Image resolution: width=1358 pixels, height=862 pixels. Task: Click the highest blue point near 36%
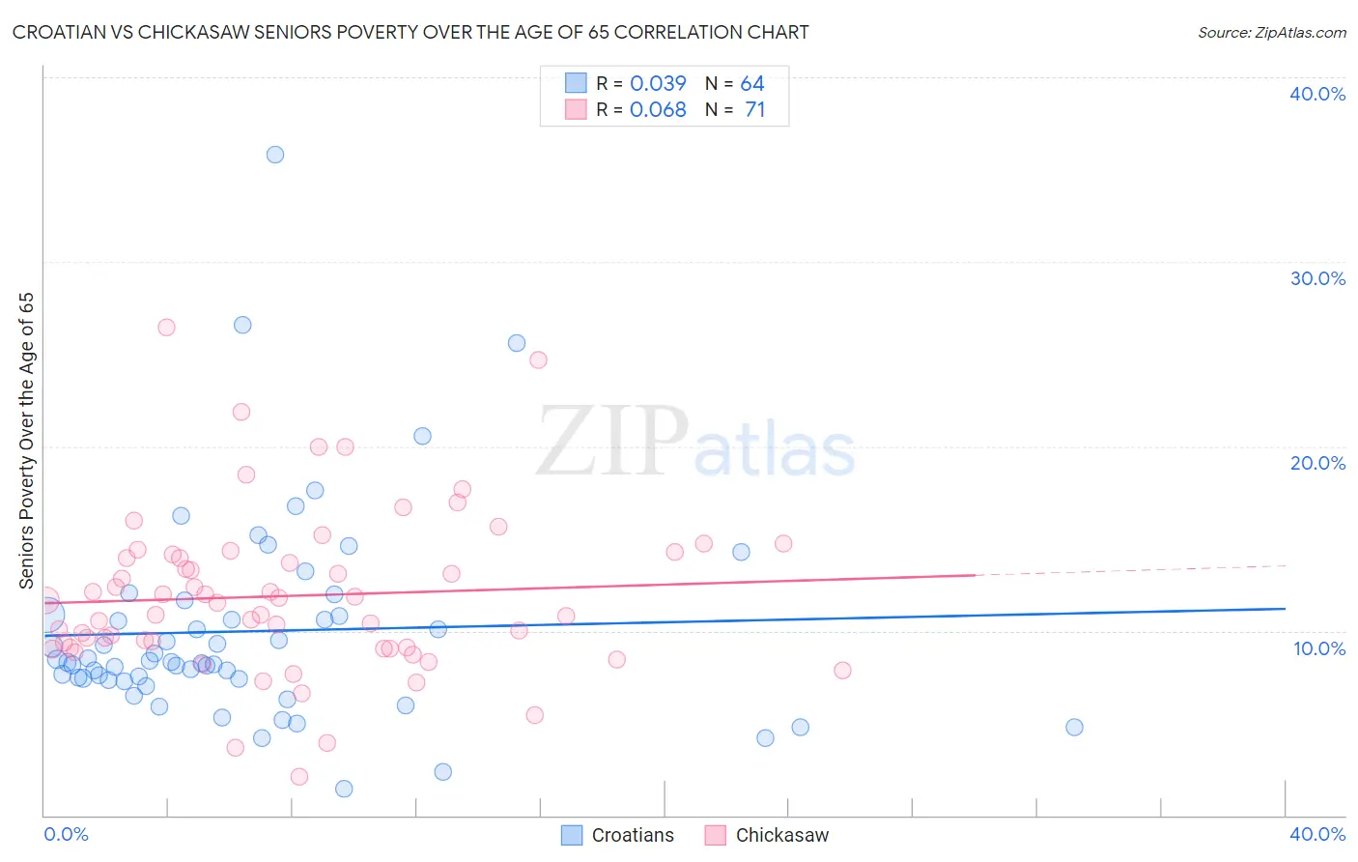(x=275, y=155)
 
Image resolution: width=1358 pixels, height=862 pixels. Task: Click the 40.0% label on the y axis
(x=1316, y=94)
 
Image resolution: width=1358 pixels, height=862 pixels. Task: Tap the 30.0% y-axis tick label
(x=1316, y=278)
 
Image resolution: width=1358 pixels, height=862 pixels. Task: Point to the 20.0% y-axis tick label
(x=1316, y=463)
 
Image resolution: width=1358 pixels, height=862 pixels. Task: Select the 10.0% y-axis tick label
(x=1318, y=648)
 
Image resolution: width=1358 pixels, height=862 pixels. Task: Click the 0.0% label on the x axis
(x=66, y=834)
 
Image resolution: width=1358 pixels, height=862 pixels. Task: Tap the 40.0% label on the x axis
(x=1316, y=834)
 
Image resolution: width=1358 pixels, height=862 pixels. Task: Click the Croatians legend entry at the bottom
(x=618, y=835)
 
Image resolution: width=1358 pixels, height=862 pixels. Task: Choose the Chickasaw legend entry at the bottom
(x=768, y=835)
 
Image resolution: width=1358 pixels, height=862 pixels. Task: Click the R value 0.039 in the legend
(x=658, y=83)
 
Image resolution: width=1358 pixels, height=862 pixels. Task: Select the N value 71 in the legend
(x=754, y=110)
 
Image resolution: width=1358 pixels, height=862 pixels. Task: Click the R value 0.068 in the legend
(x=658, y=110)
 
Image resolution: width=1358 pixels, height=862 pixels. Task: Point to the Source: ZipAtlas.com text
(x=1271, y=33)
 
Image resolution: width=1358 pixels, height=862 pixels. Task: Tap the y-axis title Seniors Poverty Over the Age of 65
(x=27, y=441)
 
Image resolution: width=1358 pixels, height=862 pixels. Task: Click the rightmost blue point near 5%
(x=1074, y=728)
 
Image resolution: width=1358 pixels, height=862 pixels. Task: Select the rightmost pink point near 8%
(x=842, y=671)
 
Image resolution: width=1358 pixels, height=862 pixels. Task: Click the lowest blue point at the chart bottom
(x=344, y=789)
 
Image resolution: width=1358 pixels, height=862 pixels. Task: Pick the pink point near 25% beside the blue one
(x=538, y=359)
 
